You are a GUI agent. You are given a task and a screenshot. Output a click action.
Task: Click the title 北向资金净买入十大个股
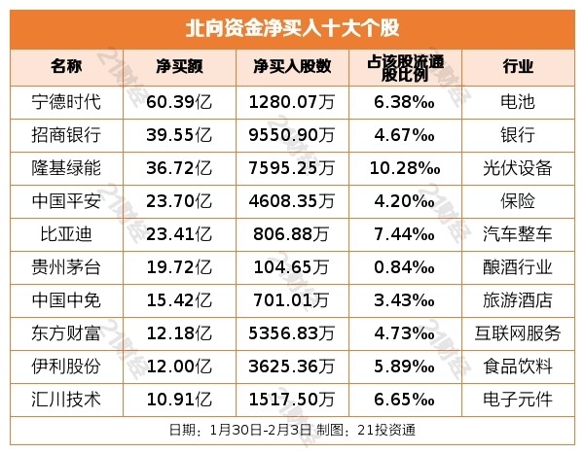pyautogui.click(x=292, y=26)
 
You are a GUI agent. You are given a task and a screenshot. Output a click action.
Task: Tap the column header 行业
pyautogui.click(x=518, y=66)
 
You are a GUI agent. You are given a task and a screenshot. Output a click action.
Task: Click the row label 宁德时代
pyautogui.click(x=67, y=100)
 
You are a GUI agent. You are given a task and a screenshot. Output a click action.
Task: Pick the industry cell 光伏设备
pyautogui.click(x=518, y=167)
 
